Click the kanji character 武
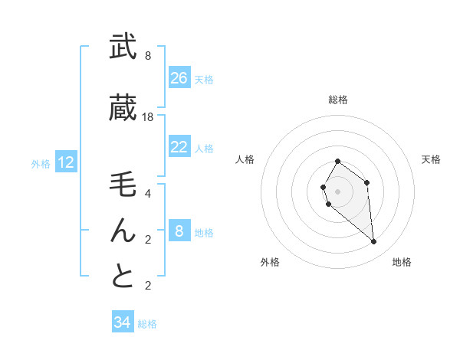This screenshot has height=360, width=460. pyautogui.click(x=123, y=47)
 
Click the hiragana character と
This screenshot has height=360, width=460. pyautogui.click(x=123, y=277)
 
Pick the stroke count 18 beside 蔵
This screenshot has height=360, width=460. pyautogui.click(x=148, y=117)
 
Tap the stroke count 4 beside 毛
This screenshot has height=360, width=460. pyautogui.click(x=148, y=193)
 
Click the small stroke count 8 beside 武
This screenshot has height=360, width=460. pyautogui.click(x=148, y=56)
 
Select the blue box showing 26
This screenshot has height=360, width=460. pyautogui.click(x=179, y=77)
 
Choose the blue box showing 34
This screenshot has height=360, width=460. pyautogui.click(x=122, y=322)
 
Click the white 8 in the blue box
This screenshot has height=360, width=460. pyautogui.click(x=179, y=231)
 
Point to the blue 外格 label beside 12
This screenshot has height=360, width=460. pyautogui.click(x=41, y=163)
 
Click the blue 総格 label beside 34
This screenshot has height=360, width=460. pyautogui.click(x=147, y=324)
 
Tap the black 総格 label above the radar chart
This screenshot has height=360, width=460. pyautogui.click(x=338, y=100)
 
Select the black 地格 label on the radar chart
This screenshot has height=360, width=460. pyautogui.click(x=402, y=262)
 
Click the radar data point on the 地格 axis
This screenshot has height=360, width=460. pyautogui.click(x=374, y=242)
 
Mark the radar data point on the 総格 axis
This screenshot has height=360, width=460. pyautogui.click(x=338, y=162)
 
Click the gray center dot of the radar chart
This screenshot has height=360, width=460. pyautogui.click(x=338, y=190)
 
